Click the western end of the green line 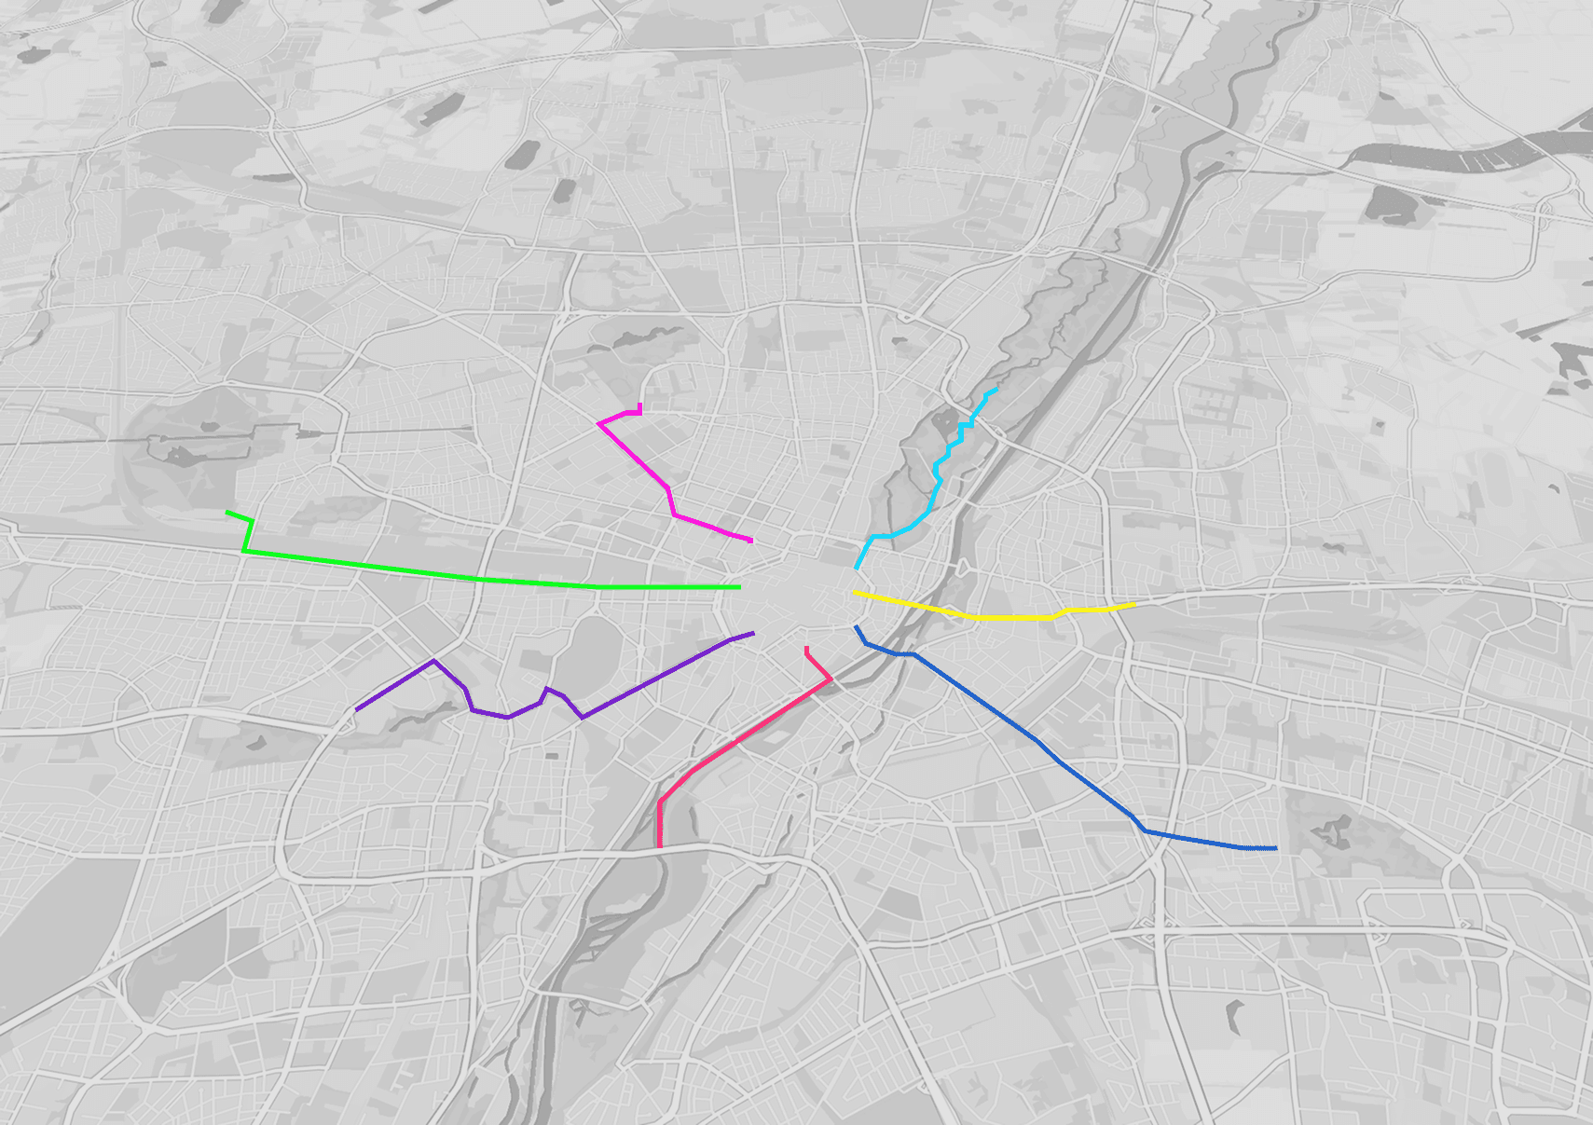click(227, 512)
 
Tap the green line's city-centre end click(740, 587)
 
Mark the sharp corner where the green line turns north click(244, 551)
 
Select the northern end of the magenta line click(640, 405)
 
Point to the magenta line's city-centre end click(751, 541)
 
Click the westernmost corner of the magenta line click(598, 423)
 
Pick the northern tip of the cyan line click(996, 390)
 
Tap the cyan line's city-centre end click(857, 568)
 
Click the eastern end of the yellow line click(1135, 605)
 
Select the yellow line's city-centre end click(855, 593)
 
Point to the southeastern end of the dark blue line click(1275, 848)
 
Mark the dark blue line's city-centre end click(856, 627)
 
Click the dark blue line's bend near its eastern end click(1145, 830)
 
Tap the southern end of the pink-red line click(660, 846)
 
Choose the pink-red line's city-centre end click(806, 648)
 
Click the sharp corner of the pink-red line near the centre click(831, 680)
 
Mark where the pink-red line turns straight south click(660, 801)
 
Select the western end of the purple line click(356, 710)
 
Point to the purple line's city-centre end click(753, 633)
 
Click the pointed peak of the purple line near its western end click(433, 661)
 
